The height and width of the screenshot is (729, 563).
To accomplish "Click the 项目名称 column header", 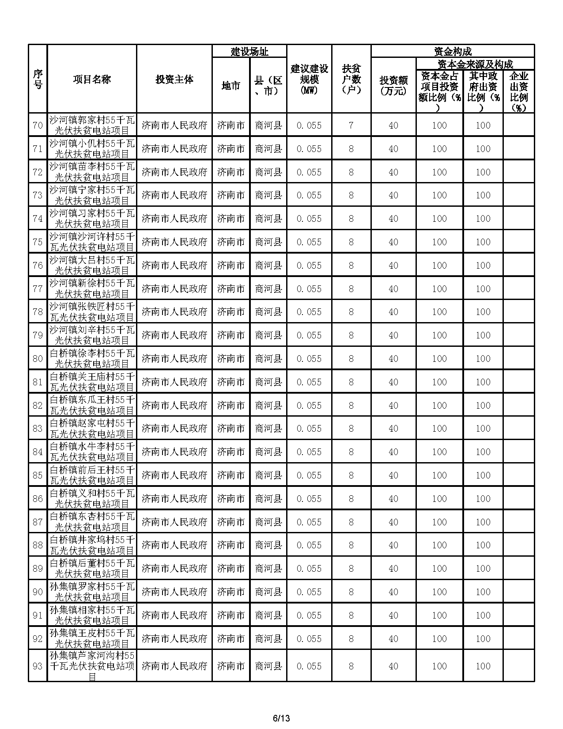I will pyautogui.click(x=92, y=80).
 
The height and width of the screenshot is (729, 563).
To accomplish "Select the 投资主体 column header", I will pyautogui.click(x=174, y=80).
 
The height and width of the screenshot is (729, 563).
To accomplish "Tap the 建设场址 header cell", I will pyautogui.click(x=249, y=52).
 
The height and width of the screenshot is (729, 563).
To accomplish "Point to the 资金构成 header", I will pyautogui.click(x=453, y=52).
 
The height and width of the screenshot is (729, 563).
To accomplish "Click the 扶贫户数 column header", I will pyautogui.click(x=351, y=80).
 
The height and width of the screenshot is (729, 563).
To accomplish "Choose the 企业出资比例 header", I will pyautogui.click(x=519, y=92).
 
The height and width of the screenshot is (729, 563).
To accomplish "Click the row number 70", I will pyautogui.click(x=38, y=125).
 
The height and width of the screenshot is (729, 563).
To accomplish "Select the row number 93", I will pyautogui.click(x=38, y=666).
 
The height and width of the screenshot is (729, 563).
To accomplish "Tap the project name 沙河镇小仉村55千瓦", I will pyautogui.click(x=92, y=149).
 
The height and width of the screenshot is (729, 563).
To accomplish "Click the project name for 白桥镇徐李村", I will pyautogui.click(x=92, y=359).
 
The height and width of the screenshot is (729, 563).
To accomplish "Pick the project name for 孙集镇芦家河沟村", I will pyautogui.click(x=92, y=666).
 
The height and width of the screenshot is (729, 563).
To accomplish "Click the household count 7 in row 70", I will pyautogui.click(x=351, y=125).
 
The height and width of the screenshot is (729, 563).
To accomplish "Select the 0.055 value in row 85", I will pyautogui.click(x=309, y=475).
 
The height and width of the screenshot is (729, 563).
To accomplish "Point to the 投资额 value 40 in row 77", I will pyautogui.click(x=393, y=289).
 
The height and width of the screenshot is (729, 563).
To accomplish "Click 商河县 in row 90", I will pyautogui.click(x=268, y=592).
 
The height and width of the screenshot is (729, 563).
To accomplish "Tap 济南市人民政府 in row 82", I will pyautogui.click(x=174, y=406).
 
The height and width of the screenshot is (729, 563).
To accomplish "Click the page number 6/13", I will pyautogui.click(x=281, y=718).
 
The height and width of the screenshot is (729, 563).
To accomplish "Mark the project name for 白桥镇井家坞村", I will pyautogui.click(x=92, y=545).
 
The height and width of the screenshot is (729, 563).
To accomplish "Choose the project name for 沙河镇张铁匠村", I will pyautogui.click(x=92, y=312).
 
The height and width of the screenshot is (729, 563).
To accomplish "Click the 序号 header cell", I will pyautogui.click(x=38, y=80).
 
